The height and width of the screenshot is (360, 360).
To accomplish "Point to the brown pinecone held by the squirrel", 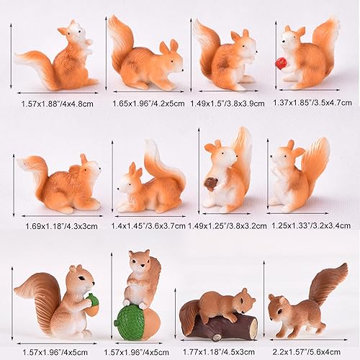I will click(211, 184).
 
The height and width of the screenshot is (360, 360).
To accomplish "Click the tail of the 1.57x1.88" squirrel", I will click(32, 66).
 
